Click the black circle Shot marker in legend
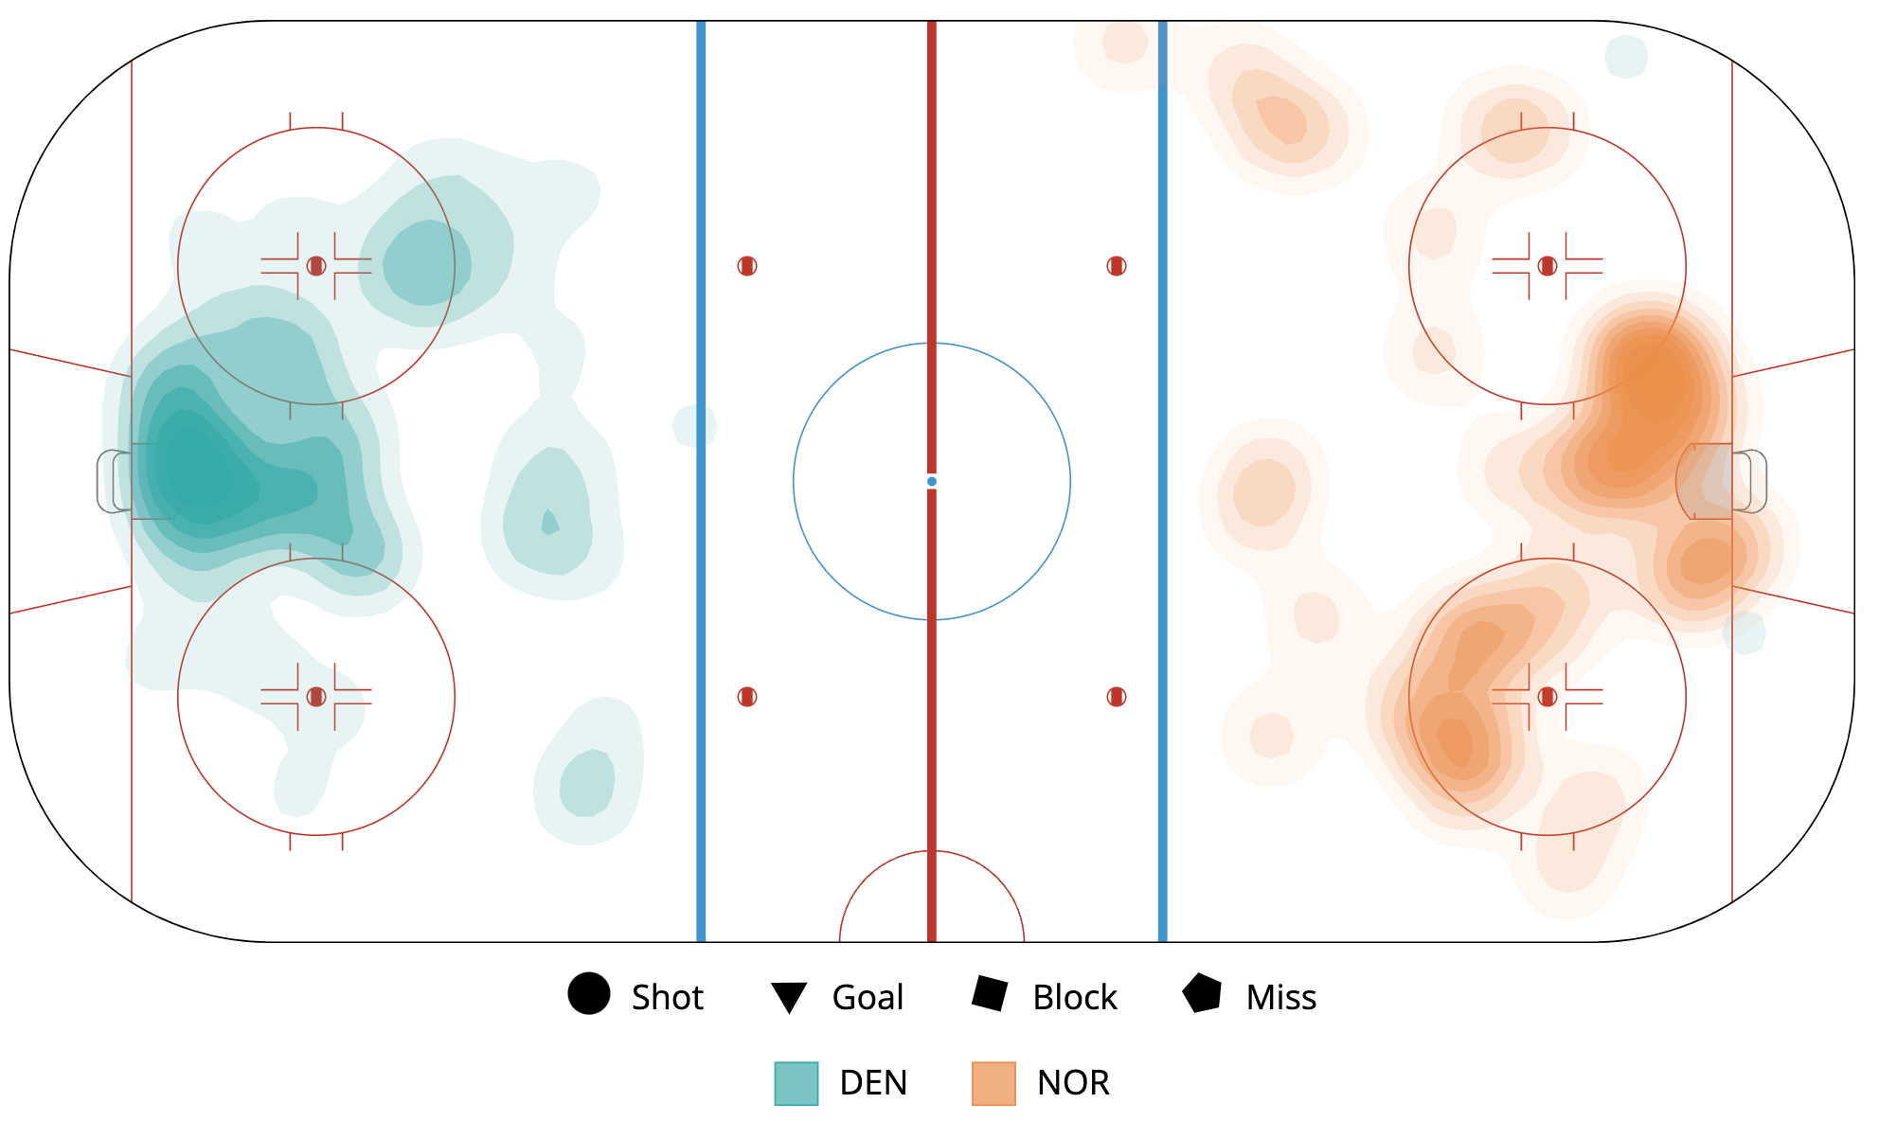click(588, 994)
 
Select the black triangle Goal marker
click(788, 997)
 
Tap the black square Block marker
click(990, 994)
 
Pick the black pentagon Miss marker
click(1202, 994)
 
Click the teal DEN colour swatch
click(796, 1083)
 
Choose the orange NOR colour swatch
click(993, 1083)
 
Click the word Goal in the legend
click(868, 997)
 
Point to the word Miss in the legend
click(1280, 997)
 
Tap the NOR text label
click(1073, 1082)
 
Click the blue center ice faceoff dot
click(932, 482)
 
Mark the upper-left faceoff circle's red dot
click(316, 266)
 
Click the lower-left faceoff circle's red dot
click(316, 697)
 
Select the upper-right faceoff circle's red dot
click(1548, 266)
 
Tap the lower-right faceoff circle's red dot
click(1548, 697)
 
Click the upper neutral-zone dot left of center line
click(747, 266)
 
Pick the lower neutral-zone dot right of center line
click(1117, 697)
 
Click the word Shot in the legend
click(667, 997)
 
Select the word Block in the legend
click(1074, 997)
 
